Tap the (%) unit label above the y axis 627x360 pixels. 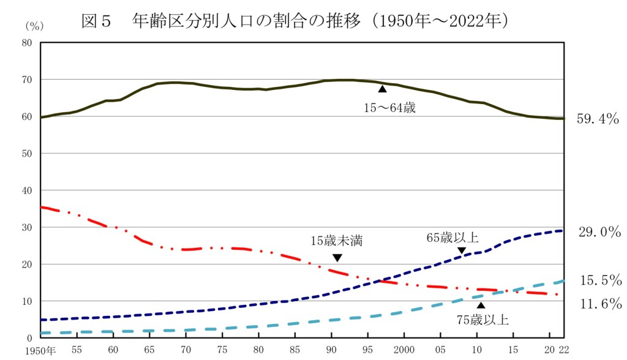34,26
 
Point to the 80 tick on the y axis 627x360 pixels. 27,43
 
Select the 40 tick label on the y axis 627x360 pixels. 27,190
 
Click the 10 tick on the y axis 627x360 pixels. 27,301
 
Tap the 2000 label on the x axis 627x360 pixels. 405,351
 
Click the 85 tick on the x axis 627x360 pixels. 295,351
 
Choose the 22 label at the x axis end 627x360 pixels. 564,351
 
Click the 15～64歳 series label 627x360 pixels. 391,109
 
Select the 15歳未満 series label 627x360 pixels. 336,241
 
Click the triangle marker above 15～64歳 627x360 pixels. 383,89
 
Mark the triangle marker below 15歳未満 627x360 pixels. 337,257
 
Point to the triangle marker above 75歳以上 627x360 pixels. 481,305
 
